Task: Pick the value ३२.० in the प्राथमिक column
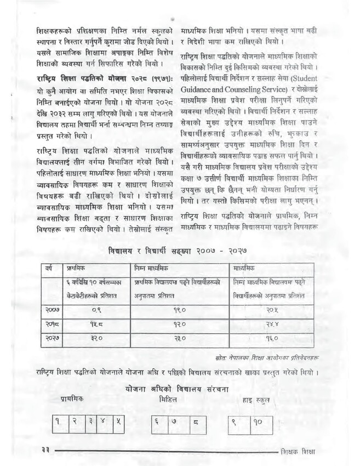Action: pyautogui.click(x=96, y=339)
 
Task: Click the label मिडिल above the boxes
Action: pyautogui.click(x=168, y=400)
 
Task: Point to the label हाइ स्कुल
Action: pyautogui.click(x=255, y=401)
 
